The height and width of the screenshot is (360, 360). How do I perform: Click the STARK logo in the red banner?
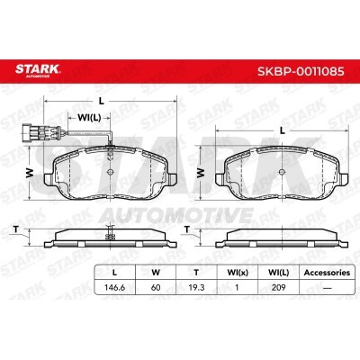(x=38, y=70)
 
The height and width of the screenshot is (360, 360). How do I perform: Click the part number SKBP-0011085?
(x=301, y=71)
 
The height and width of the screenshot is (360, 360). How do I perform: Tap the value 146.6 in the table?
(x=114, y=287)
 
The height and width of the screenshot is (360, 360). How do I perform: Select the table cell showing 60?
(x=156, y=287)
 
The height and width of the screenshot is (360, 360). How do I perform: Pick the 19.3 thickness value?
(x=196, y=287)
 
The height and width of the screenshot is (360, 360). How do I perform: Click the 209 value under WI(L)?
(x=278, y=287)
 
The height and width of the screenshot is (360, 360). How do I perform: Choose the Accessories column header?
(x=327, y=273)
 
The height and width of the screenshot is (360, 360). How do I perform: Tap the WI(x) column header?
(x=238, y=273)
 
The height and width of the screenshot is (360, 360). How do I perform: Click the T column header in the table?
(x=196, y=273)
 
